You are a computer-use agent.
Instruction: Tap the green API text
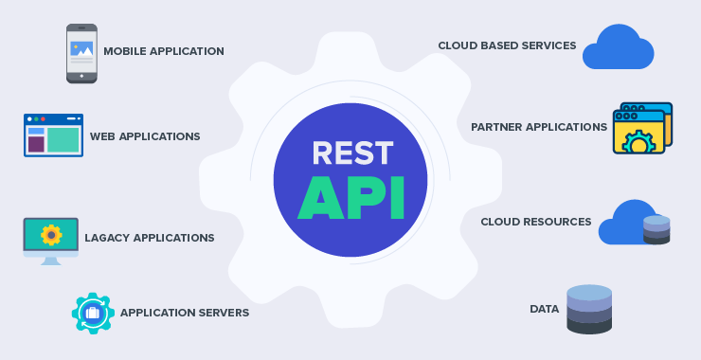[350, 197]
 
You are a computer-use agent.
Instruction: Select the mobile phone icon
[81, 53]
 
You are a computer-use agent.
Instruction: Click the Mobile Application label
[164, 51]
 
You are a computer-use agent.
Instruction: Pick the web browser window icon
[53, 135]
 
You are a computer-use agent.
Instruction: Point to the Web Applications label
[145, 136]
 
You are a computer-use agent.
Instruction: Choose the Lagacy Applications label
[150, 238]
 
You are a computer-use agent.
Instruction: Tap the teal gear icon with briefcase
[93, 313]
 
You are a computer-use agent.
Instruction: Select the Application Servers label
[185, 313]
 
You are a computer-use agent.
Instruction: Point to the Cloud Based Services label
[507, 45]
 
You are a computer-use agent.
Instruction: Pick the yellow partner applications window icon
[641, 129]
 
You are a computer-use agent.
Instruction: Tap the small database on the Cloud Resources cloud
[656, 229]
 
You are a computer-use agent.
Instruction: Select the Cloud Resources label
[536, 222]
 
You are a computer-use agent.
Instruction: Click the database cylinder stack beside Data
[589, 309]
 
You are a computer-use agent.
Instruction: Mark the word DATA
[545, 309]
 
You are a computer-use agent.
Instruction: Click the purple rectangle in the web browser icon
[36, 144]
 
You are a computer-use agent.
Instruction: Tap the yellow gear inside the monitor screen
[51, 234]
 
